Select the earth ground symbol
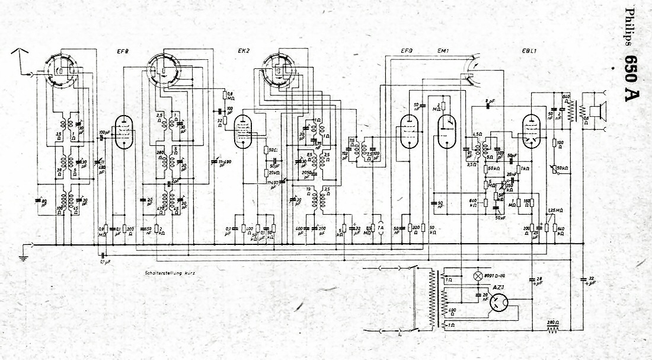pyautogui.click(x=23, y=256)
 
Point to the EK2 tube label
pyautogui.click(x=244, y=51)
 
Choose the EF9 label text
pyautogui.click(x=407, y=51)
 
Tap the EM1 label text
pyautogui.click(x=443, y=51)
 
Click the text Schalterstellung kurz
pyautogui.click(x=169, y=273)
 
